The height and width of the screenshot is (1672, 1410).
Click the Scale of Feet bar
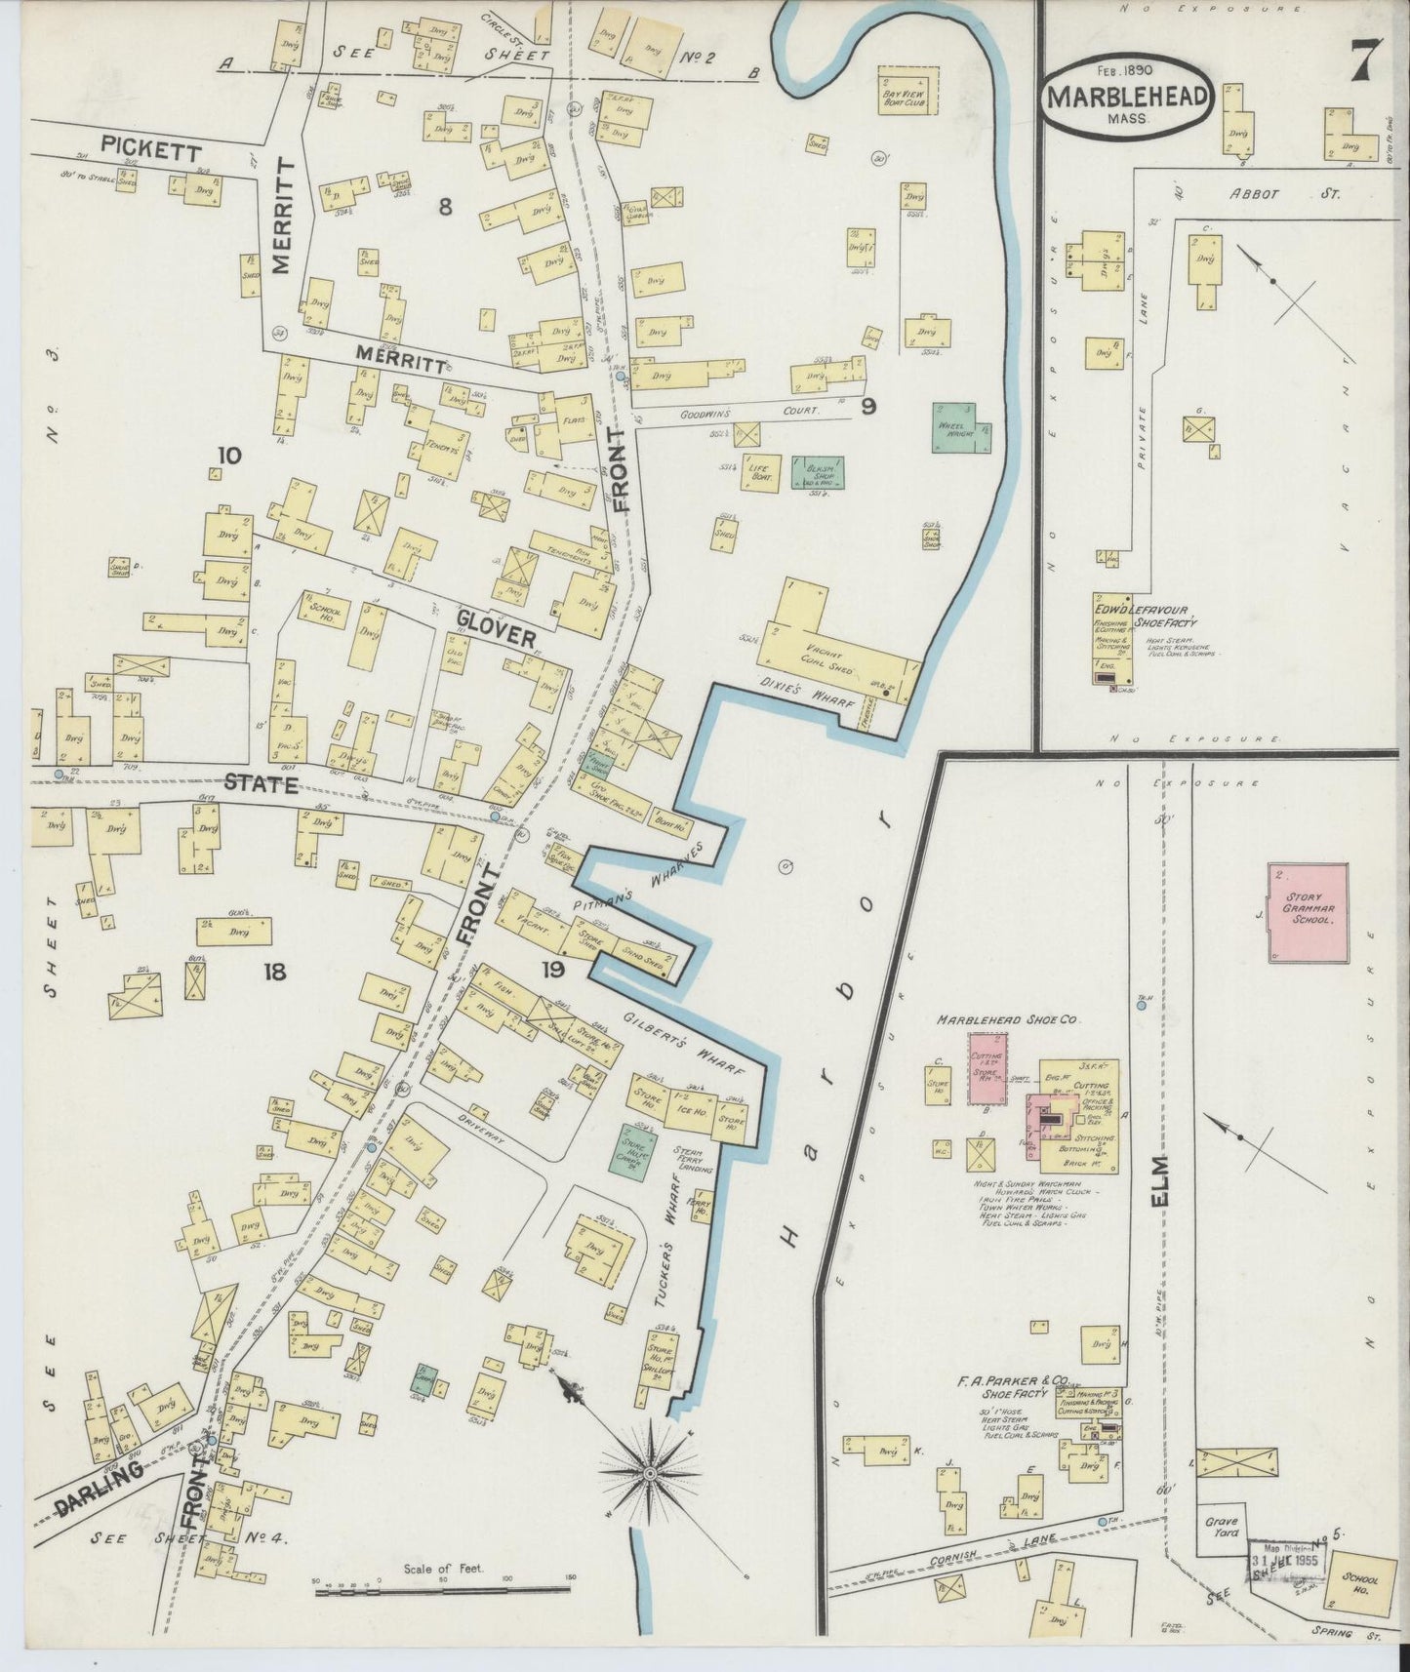(444, 1592)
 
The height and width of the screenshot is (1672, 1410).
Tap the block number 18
(273, 972)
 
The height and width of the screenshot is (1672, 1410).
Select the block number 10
(230, 456)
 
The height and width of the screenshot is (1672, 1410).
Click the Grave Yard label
(1220, 1553)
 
